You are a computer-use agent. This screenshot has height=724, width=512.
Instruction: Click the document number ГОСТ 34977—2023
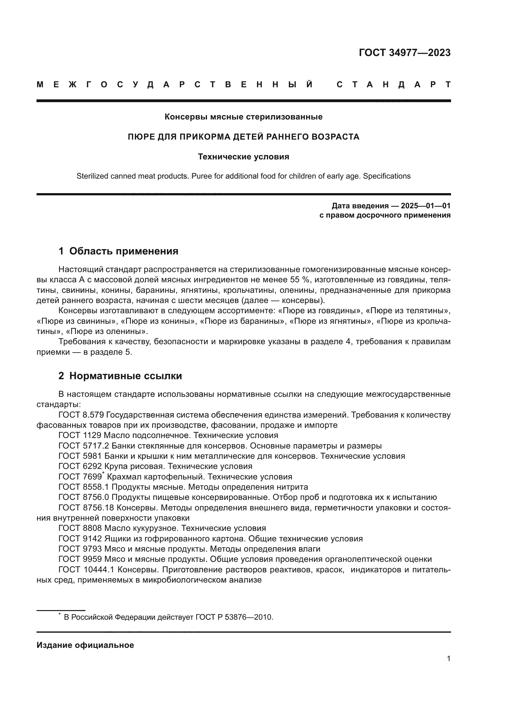coord(405,53)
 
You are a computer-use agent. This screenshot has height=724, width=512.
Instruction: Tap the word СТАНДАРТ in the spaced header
coord(393,85)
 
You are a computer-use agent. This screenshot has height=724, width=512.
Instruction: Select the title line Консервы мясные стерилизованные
coord(243,117)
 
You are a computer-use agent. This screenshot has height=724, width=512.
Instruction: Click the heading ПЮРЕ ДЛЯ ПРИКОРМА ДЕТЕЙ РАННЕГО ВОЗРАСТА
coord(243,137)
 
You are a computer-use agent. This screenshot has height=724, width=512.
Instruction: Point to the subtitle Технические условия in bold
coord(243,157)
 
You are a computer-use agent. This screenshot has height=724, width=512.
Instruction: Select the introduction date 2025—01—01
coord(425,206)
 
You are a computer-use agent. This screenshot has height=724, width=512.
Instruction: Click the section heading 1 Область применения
coord(118,251)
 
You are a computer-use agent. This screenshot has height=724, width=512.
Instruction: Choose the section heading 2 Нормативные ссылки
coord(120,376)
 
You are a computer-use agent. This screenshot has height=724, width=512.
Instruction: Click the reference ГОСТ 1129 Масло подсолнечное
coord(168,436)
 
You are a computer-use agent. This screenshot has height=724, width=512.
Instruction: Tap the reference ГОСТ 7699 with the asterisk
coord(81,477)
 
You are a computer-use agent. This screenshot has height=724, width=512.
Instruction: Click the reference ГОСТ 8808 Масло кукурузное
coord(162,528)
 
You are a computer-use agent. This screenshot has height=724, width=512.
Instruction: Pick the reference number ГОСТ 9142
coord(80,539)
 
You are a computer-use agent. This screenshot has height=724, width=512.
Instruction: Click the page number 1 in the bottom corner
coord(448,668)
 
